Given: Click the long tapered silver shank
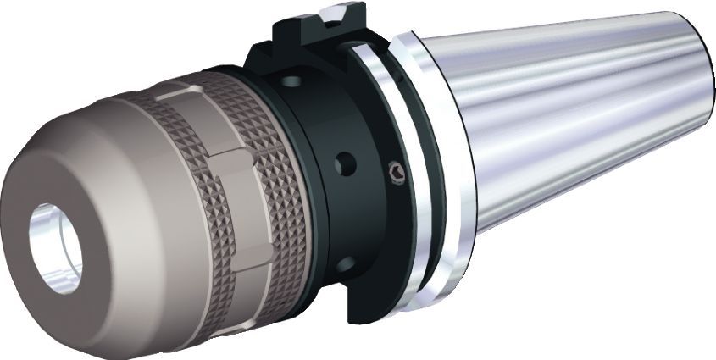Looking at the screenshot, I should coord(576,127).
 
